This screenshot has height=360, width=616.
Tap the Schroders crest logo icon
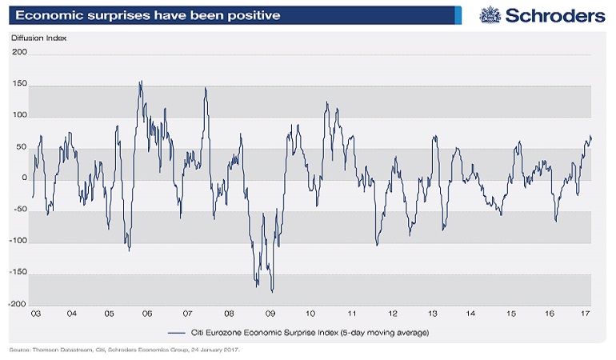pos(490,15)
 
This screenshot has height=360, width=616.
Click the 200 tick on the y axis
pos(19,53)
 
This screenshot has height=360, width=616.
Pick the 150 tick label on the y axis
pos(19,85)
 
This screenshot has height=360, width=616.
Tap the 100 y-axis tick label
pos(19,116)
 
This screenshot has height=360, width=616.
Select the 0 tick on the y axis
pos(24,179)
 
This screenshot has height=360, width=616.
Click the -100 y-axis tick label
pos(18,242)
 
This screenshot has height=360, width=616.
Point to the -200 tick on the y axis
pos(18,305)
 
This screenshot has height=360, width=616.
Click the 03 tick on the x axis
pos(36,314)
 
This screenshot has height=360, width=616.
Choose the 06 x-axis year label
pos(148,314)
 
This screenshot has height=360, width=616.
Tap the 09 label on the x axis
pos(270,314)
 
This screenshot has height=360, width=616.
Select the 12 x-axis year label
pos(393,314)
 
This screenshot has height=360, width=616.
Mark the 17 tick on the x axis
pos(586,314)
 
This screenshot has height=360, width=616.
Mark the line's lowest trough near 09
pos(273,291)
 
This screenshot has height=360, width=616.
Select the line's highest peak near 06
pos(142,81)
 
